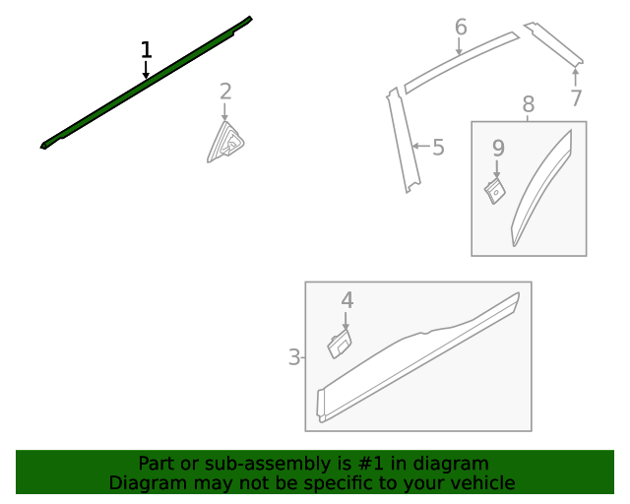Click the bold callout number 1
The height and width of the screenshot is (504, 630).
tap(147, 50)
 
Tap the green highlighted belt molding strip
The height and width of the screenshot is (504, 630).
tap(147, 82)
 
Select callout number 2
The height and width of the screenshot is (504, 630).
tap(225, 92)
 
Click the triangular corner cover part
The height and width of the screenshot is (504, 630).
tap(225, 142)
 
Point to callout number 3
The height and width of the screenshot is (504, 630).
tap(294, 357)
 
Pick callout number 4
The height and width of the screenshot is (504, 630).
tap(347, 300)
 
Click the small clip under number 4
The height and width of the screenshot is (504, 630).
tap(340, 344)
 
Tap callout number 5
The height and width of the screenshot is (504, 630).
tap(438, 147)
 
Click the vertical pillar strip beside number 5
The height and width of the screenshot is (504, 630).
tap(404, 140)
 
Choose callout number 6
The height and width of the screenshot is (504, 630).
tap(461, 27)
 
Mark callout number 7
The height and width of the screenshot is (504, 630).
tap(576, 97)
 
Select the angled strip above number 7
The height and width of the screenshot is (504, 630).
tap(554, 44)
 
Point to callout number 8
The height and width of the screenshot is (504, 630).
tap(529, 104)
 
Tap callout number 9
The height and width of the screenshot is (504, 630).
tap(498, 149)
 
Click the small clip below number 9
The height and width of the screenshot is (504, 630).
tap(494, 191)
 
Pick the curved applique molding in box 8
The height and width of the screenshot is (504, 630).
tap(540, 187)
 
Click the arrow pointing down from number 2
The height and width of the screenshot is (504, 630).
tap(224, 112)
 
